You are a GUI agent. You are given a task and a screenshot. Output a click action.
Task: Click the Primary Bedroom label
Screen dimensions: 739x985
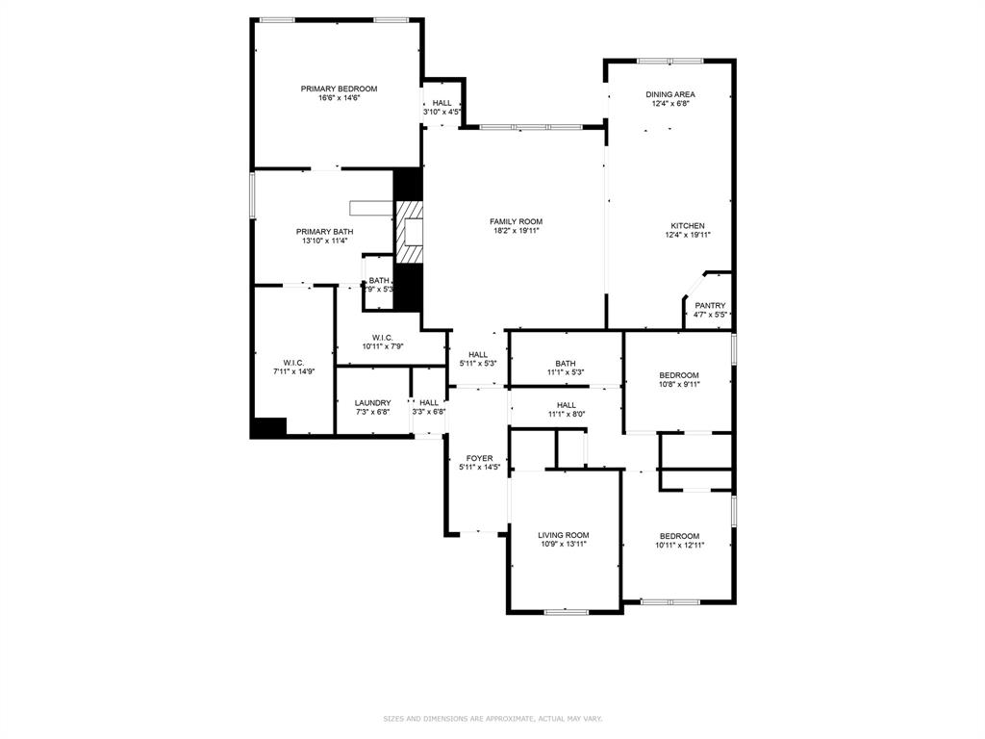coord(339,89)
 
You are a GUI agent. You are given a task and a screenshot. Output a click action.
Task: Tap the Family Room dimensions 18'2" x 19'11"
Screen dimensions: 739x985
coord(516,231)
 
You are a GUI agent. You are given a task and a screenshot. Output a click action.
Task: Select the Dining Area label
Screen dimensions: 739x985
coord(669,94)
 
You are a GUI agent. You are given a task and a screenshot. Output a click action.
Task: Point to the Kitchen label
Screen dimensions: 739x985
coord(687,226)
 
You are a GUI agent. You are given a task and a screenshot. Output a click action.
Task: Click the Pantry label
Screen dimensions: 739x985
coord(710,306)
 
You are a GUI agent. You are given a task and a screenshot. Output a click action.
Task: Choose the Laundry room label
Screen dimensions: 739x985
coord(372,403)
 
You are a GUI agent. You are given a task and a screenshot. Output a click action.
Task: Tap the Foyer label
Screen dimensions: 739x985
coord(479,459)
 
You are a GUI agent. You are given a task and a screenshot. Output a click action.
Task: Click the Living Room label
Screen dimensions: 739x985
coord(563,535)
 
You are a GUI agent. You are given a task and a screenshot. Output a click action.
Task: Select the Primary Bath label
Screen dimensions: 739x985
coord(324,232)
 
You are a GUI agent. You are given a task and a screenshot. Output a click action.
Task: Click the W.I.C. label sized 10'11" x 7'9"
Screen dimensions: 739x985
coord(383,338)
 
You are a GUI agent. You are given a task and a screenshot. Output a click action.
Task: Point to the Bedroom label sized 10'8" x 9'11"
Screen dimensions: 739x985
coord(678,375)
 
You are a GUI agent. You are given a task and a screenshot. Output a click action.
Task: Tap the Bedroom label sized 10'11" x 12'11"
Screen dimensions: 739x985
coord(678,536)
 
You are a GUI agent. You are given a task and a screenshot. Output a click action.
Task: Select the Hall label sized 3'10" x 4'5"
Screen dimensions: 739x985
coord(442,103)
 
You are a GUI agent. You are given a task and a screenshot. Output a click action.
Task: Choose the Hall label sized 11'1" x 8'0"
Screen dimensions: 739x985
coord(567,405)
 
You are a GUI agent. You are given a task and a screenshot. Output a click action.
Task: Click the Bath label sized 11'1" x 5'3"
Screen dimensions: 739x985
coord(565,364)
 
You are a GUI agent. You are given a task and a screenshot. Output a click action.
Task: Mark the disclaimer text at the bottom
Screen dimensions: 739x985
coord(492,719)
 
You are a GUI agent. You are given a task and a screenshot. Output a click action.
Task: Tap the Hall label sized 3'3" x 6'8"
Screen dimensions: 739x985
coord(429,403)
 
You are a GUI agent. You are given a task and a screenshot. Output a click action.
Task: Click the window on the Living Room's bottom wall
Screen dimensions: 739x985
coord(566,611)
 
